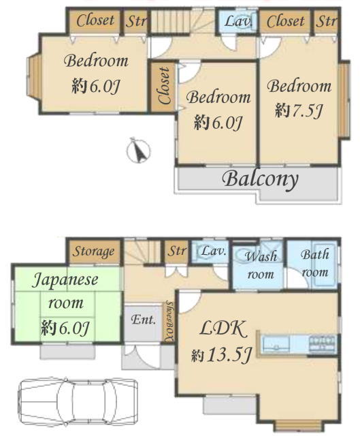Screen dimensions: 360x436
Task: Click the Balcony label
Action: (260, 179)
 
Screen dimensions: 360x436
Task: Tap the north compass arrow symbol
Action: (139, 151)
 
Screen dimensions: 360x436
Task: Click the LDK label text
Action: (223, 329)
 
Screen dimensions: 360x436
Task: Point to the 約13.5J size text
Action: (221, 355)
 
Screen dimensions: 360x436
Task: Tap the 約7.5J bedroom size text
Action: (299, 110)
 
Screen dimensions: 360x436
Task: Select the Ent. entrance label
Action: (143, 320)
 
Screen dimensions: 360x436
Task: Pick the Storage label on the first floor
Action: (93, 251)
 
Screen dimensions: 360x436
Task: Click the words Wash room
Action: (261, 265)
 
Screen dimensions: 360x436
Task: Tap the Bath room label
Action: (315, 263)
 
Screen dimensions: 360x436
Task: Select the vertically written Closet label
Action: (165, 86)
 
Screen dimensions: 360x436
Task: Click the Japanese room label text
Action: (65, 291)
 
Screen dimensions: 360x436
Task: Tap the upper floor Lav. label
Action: (238, 21)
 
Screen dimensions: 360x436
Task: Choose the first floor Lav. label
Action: (212, 251)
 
